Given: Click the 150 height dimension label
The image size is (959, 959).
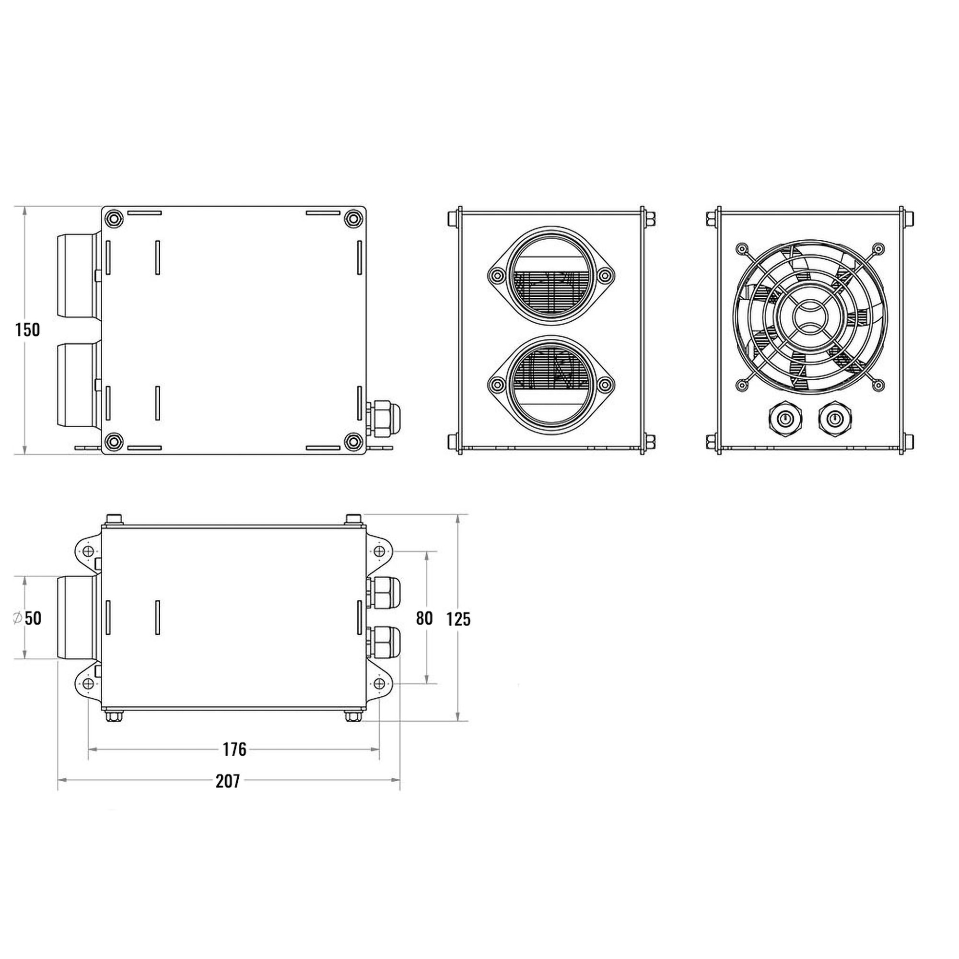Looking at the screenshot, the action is (x=27, y=329).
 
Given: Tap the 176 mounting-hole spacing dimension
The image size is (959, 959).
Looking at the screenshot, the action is (x=234, y=749).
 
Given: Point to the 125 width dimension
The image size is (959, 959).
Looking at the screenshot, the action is (x=457, y=619).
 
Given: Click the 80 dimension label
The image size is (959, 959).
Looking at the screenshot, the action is (x=424, y=618).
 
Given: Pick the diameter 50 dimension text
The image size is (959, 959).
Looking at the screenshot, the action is (x=27, y=618).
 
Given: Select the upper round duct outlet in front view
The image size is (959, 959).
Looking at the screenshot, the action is (x=551, y=276).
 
